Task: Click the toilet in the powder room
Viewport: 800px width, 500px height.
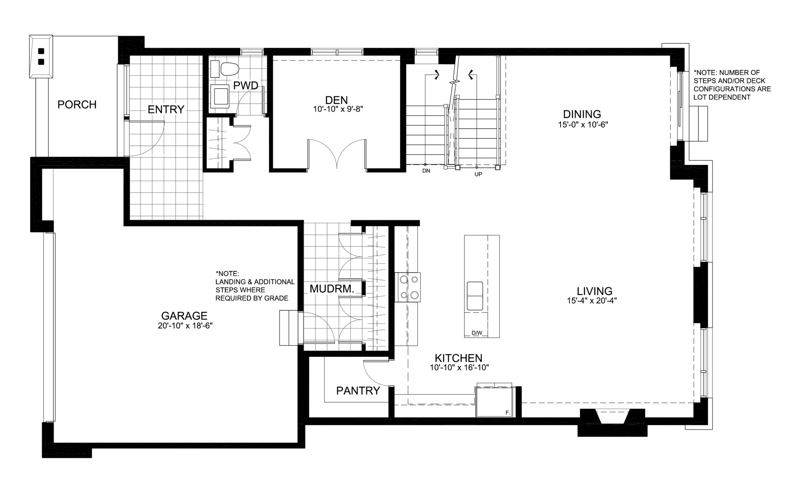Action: (x=229, y=70)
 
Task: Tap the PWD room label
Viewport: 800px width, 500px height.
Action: (x=246, y=85)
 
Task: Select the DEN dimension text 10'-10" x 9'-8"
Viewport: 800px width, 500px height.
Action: (x=338, y=109)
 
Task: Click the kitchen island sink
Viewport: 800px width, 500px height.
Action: (x=475, y=296)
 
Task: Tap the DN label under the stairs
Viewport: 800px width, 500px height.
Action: (x=426, y=171)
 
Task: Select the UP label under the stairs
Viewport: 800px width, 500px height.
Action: (x=478, y=174)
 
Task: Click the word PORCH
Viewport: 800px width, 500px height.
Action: (x=77, y=105)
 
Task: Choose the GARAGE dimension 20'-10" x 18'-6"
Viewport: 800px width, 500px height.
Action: (x=185, y=325)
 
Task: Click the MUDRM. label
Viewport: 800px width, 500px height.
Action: (x=332, y=289)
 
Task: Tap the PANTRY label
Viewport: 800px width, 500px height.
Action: (x=358, y=391)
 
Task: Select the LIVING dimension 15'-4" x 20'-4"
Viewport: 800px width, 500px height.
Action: (x=592, y=301)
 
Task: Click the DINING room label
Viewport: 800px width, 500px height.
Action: (x=582, y=114)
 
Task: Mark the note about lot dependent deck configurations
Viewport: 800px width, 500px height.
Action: (x=732, y=85)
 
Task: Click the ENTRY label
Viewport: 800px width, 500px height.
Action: (x=166, y=110)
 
